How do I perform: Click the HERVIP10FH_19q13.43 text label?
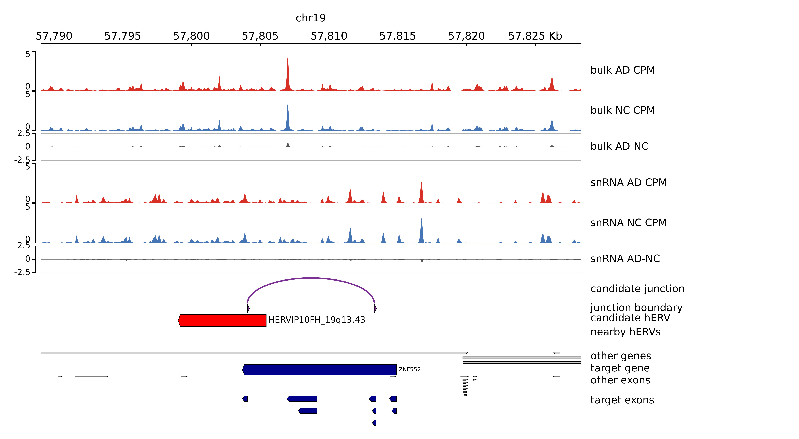(x=317, y=320)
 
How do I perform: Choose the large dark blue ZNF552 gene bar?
(x=319, y=370)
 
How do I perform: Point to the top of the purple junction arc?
(x=311, y=278)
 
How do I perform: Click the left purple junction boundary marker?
(x=248, y=309)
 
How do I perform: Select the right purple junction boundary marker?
(x=375, y=309)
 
